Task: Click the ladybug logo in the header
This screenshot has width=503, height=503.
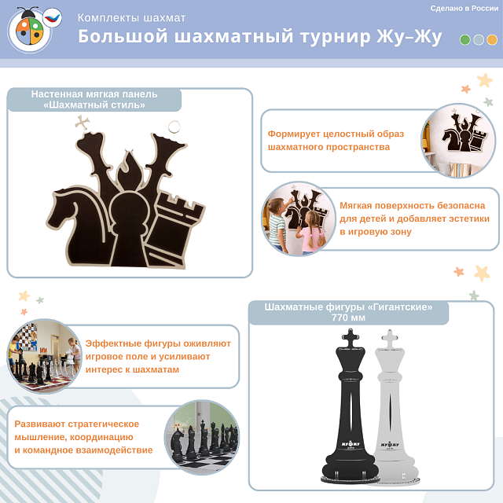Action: [31, 30]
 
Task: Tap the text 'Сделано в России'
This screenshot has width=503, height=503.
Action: [464, 8]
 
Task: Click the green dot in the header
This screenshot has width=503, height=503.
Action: [465, 39]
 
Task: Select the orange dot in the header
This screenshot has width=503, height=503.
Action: [492, 39]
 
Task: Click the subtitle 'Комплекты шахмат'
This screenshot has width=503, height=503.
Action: [132, 17]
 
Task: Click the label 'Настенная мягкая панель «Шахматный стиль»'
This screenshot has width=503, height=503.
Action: [94, 99]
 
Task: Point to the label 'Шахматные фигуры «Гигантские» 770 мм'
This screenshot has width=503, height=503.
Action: [348, 312]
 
